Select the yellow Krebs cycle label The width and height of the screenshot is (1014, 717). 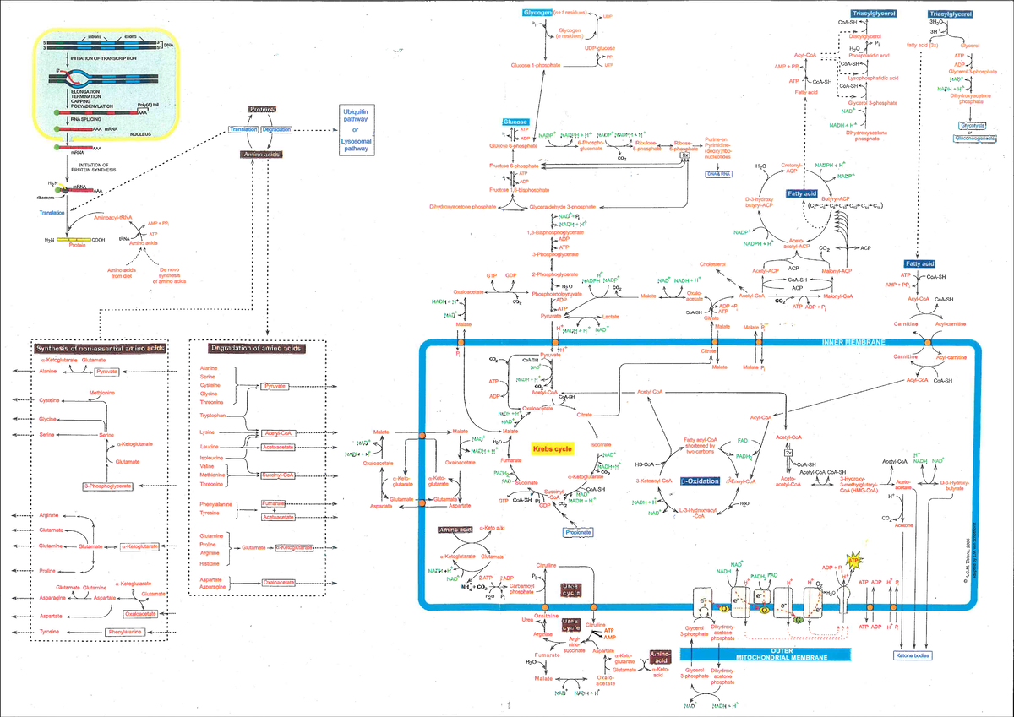[552, 450]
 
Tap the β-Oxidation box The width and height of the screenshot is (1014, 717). [698, 481]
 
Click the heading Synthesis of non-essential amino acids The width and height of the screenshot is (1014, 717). [99, 348]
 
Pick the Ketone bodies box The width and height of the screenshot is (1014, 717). [914, 655]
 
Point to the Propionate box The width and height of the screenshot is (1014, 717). [579, 533]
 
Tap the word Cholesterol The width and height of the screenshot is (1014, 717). [712, 264]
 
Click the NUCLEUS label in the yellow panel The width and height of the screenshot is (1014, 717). [146, 133]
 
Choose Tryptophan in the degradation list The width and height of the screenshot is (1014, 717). [212, 416]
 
